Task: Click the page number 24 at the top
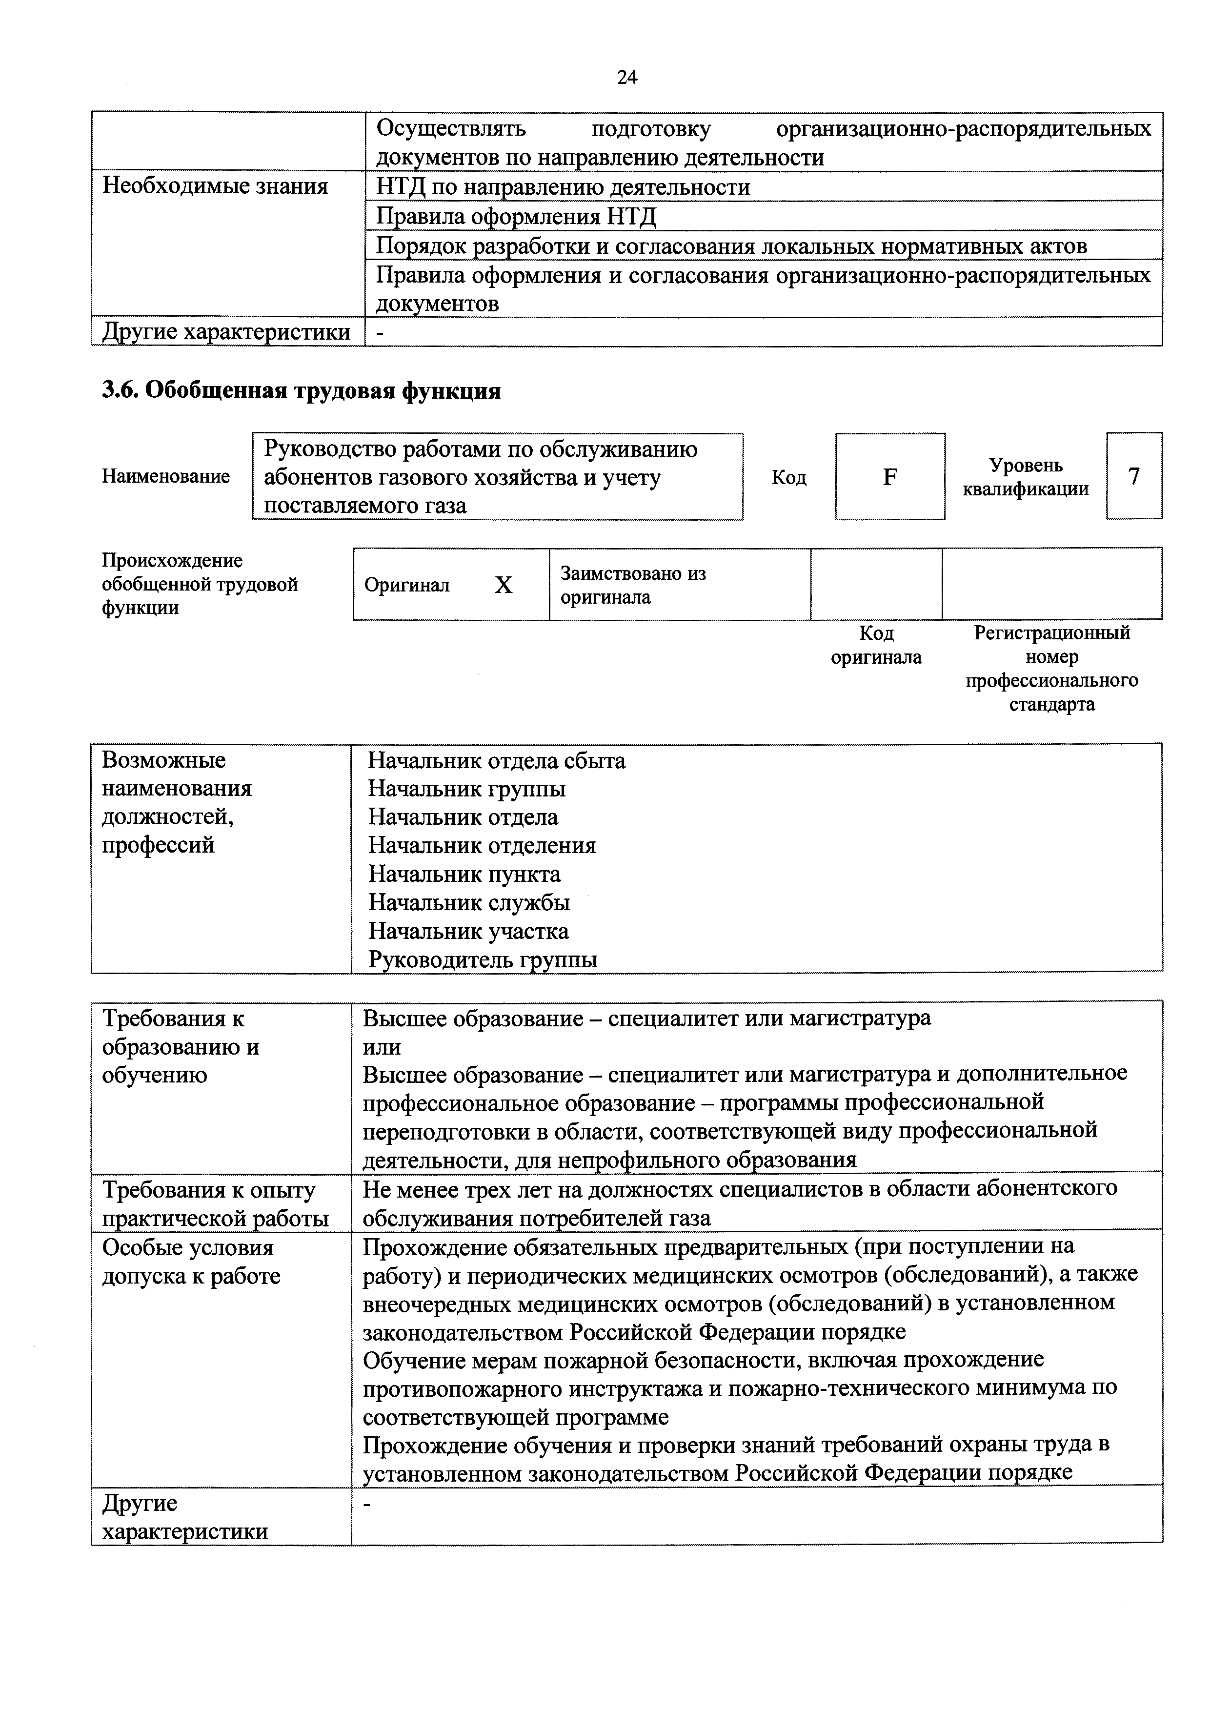pyautogui.click(x=627, y=78)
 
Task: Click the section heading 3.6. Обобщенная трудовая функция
pyautogui.click(x=301, y=391)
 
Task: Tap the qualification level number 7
pyautogui.click(x=1133, y=476)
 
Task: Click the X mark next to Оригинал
pyautogui.click(x=504, y=585)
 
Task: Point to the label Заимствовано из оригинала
pyautogui.click(x=632, y=585)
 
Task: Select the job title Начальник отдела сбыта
pyautogui.click(x=497, y=760)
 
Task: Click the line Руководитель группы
pyautogui.click(x=483, y=959)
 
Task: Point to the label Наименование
pyautogui.click(x=165, y=476)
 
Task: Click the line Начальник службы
pyautogui.click(x=469, y=902)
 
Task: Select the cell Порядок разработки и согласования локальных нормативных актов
pyautogui.click(x=730, y=246)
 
